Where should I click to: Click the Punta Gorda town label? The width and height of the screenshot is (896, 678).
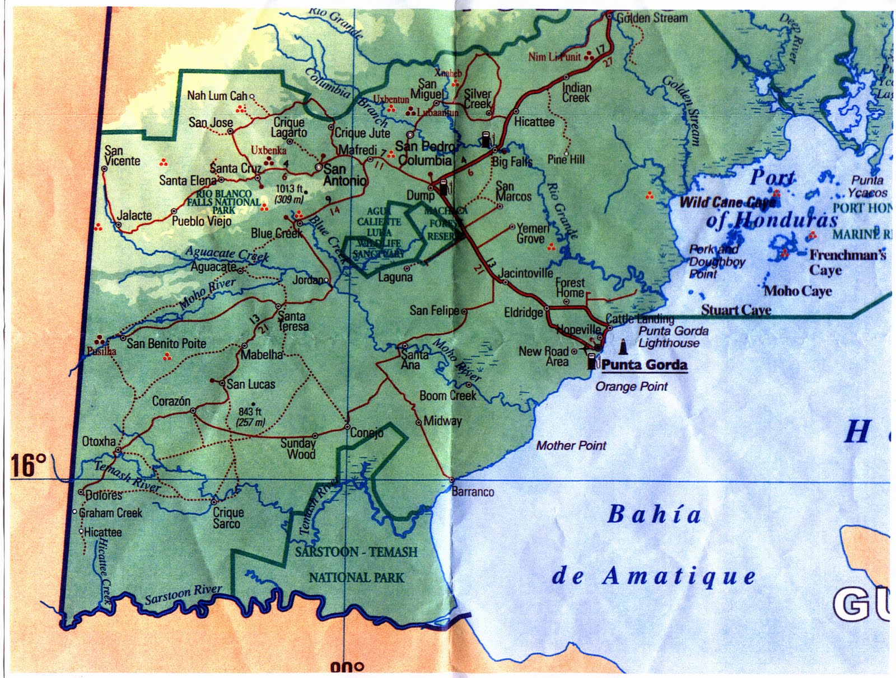(x=644, y=365)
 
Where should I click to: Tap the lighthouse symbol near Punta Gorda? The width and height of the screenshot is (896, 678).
(x=622, y=349)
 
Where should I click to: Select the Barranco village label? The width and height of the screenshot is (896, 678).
(x=473, y=492)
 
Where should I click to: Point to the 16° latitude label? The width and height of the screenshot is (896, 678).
(x=29, y=465)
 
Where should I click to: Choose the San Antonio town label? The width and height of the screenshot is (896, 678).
(x=344, y=175)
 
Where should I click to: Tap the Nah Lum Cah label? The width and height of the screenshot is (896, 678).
(x=217, y=96)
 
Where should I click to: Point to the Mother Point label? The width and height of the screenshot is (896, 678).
(x=571, y=445)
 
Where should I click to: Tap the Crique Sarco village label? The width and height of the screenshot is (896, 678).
(x=228, y=517)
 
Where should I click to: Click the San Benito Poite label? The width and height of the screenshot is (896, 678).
(x=166, y=343)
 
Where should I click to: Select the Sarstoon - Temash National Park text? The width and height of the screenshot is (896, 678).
(x=356, y=564)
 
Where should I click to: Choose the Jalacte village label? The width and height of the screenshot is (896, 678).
(x=134, y=215)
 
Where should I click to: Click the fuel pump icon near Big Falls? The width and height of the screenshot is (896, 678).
(x=486, y=139)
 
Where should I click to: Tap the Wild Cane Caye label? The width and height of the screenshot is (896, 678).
(x=727, y=203)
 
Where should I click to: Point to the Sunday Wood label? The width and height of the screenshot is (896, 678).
(x=298, y=448)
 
